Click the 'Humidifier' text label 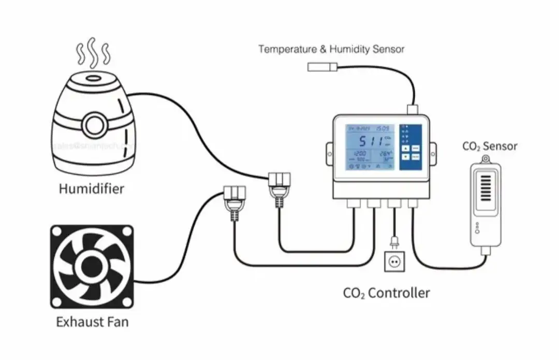point(91,189)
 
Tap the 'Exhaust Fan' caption point(92,322)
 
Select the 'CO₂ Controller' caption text point(386,293)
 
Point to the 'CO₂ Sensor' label point(489,147)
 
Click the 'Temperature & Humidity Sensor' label point(331,49)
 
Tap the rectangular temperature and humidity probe point(322,66)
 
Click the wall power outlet point(394,262)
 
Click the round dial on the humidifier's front point(94,125)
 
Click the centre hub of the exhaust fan point(92,266)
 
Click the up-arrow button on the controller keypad point(406,148)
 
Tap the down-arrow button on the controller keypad point(406,156)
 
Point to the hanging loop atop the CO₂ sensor point(485,159)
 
